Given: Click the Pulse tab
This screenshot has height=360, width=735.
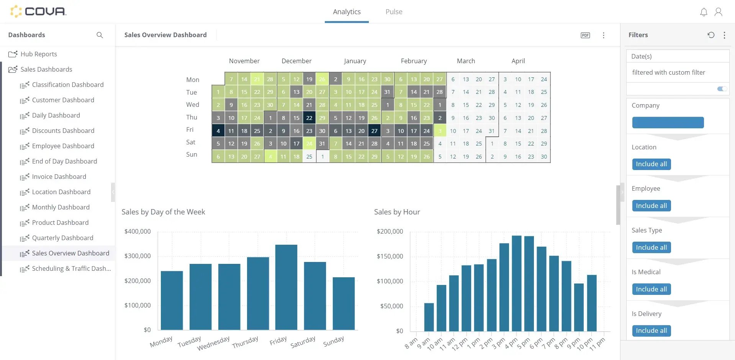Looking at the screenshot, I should tap(394, 12).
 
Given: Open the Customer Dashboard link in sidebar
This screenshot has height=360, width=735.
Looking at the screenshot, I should tap(63, 100).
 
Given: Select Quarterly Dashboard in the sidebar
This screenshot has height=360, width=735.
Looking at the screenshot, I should tap(62, 238).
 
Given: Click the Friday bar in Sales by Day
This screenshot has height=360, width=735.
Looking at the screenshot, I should tap(286, 287).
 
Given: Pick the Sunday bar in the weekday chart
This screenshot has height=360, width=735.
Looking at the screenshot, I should tap(344, 303).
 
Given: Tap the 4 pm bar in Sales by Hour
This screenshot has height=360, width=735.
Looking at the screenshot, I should tap(517, 283).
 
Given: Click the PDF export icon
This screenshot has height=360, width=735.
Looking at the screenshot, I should tap(585, 35).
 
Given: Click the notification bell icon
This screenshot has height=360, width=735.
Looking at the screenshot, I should tap(704, 12).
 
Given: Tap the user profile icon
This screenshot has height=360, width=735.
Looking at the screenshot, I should tap(719, 12).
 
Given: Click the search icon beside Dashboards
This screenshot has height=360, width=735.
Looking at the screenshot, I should tap(100, 35).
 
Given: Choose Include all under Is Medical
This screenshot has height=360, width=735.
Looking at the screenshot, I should tap(651, 289).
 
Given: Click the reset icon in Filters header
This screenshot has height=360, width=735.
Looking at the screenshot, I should tap(711, 35).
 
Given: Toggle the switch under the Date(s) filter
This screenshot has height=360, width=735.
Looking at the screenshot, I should tap(722, 89).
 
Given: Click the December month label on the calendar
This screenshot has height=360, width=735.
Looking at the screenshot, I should tap(296, 61).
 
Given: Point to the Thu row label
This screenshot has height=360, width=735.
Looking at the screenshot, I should tap(192, 117).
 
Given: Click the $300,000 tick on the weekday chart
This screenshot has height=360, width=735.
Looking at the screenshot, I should tap(138, 256).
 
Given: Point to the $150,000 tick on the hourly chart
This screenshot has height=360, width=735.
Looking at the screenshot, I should tap(390, 256).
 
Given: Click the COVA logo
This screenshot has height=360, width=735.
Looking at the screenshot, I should tap(38, 11).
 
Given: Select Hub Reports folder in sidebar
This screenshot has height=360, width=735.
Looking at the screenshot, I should tap(38, 54).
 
